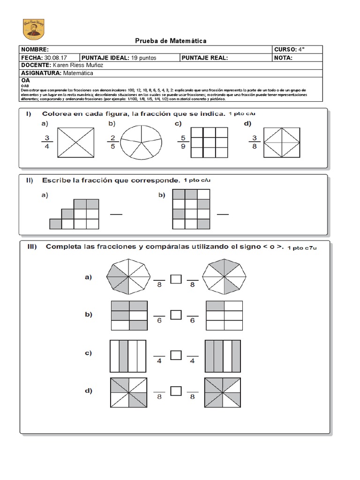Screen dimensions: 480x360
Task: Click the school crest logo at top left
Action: point(33,30)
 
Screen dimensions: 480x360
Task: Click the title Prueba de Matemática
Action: point(171,41)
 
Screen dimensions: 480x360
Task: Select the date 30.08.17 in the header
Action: point(55,58)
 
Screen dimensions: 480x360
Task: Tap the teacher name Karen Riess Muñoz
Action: point(78,65)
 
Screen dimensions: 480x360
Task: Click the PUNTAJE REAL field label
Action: point(204,58)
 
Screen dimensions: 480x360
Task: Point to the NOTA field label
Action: point(283,58)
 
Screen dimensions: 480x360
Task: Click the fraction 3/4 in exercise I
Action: point(46,142)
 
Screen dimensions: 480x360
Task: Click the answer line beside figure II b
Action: point(223,214)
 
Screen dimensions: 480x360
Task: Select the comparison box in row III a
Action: point(176,279)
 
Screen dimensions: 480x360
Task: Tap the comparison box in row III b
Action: point(176,315)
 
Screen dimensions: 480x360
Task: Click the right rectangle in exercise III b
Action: point(224,316)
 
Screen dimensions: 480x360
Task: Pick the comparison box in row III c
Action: point(176,356)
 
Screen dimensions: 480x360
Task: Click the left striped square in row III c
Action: point(128,355)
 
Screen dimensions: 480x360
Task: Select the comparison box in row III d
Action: point(176,390)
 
